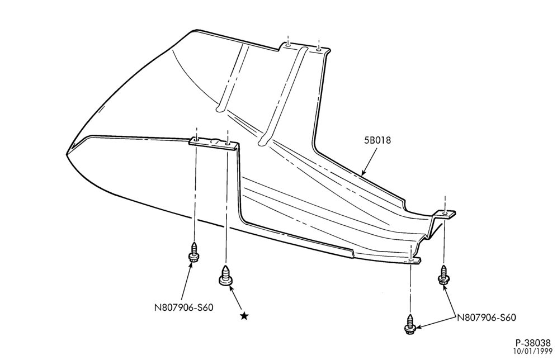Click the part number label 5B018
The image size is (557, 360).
point(377,140)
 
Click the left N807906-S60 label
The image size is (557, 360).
point(183,307)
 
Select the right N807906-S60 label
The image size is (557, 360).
point(486,318)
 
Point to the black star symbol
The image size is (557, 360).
point(244,316)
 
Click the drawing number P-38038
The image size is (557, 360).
point(533,343)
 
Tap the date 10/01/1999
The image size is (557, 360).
point(532,352)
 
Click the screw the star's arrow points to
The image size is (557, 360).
point(225,275)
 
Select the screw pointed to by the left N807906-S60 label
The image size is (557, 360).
point(193,253)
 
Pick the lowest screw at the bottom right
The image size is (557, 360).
point(410,324)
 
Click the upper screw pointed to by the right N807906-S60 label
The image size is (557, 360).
point(443,275)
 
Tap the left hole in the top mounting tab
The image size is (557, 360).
point(289,45)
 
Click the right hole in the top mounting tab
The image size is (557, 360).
point(319,49)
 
